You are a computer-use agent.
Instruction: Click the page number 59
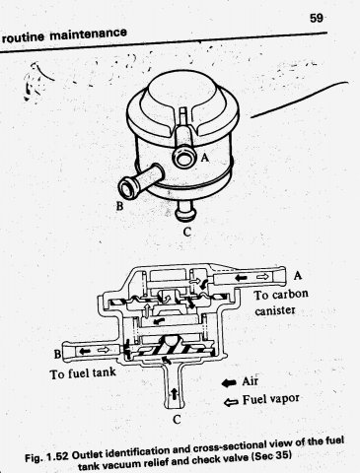317,18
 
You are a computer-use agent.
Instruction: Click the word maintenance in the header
88,34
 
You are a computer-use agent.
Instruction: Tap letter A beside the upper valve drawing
205,159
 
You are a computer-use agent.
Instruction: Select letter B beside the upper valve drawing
120,206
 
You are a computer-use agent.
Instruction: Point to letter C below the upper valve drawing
186,233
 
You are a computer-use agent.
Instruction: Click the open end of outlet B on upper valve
127,188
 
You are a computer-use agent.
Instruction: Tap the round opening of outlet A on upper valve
183,159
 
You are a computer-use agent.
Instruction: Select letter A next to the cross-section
298,275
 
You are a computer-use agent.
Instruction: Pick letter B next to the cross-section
57,355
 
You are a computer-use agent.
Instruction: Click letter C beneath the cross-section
177,420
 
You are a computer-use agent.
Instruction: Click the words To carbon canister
280,303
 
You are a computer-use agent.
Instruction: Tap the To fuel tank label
83,373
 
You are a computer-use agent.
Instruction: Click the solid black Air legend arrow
230,382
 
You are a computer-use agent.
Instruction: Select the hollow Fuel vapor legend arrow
231,401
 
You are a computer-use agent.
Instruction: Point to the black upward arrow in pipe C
174,393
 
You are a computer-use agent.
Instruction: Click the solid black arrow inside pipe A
242,278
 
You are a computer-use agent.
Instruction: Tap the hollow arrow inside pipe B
105,351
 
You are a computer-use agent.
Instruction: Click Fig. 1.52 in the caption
46,457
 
